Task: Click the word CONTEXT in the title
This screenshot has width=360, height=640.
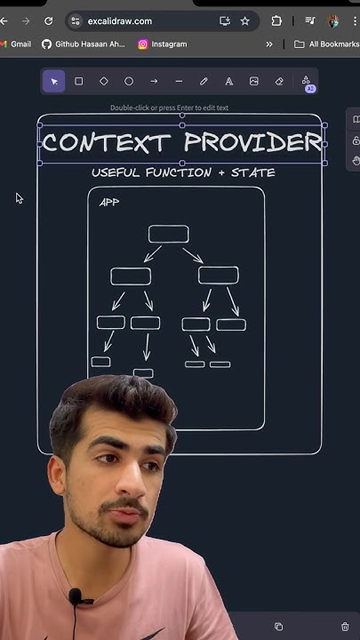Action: click(x=106, y=143)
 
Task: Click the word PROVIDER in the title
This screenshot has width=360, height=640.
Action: click(x=252, y=142)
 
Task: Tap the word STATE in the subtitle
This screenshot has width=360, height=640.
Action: click(x=253, y=172)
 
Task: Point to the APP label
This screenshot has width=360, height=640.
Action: click(x=109, y=202)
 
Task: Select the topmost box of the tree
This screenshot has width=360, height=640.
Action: click(x=169, y=234)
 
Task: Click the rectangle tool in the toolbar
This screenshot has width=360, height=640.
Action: click(x=79, y=81)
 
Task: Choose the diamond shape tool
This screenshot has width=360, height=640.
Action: click(x=104, y=81)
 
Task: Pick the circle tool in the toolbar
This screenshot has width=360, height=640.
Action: click(x=129, y=81)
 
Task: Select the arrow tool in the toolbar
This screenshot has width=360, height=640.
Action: click(x=154, y=81)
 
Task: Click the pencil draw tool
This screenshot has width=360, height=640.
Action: click(x=204, y=81)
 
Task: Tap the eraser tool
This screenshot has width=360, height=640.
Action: click(x=279, y=81)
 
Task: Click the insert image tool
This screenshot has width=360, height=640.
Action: click(x=254, y=81)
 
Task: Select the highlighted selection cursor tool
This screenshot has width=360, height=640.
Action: click(x=54, y=81)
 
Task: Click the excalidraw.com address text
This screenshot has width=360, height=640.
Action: click(x=120, y=21)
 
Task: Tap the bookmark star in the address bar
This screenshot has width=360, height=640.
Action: click(x=245, y=21)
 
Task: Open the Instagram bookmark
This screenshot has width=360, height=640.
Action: click(x=163, y=44)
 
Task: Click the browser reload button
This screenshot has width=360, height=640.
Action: click(x=49, y=21)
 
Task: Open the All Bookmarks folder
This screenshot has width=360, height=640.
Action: click(x=327, y=44)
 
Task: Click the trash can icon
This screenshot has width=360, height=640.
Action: click(x=345, y=626)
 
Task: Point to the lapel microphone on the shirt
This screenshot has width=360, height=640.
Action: click(x=75, y=597)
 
